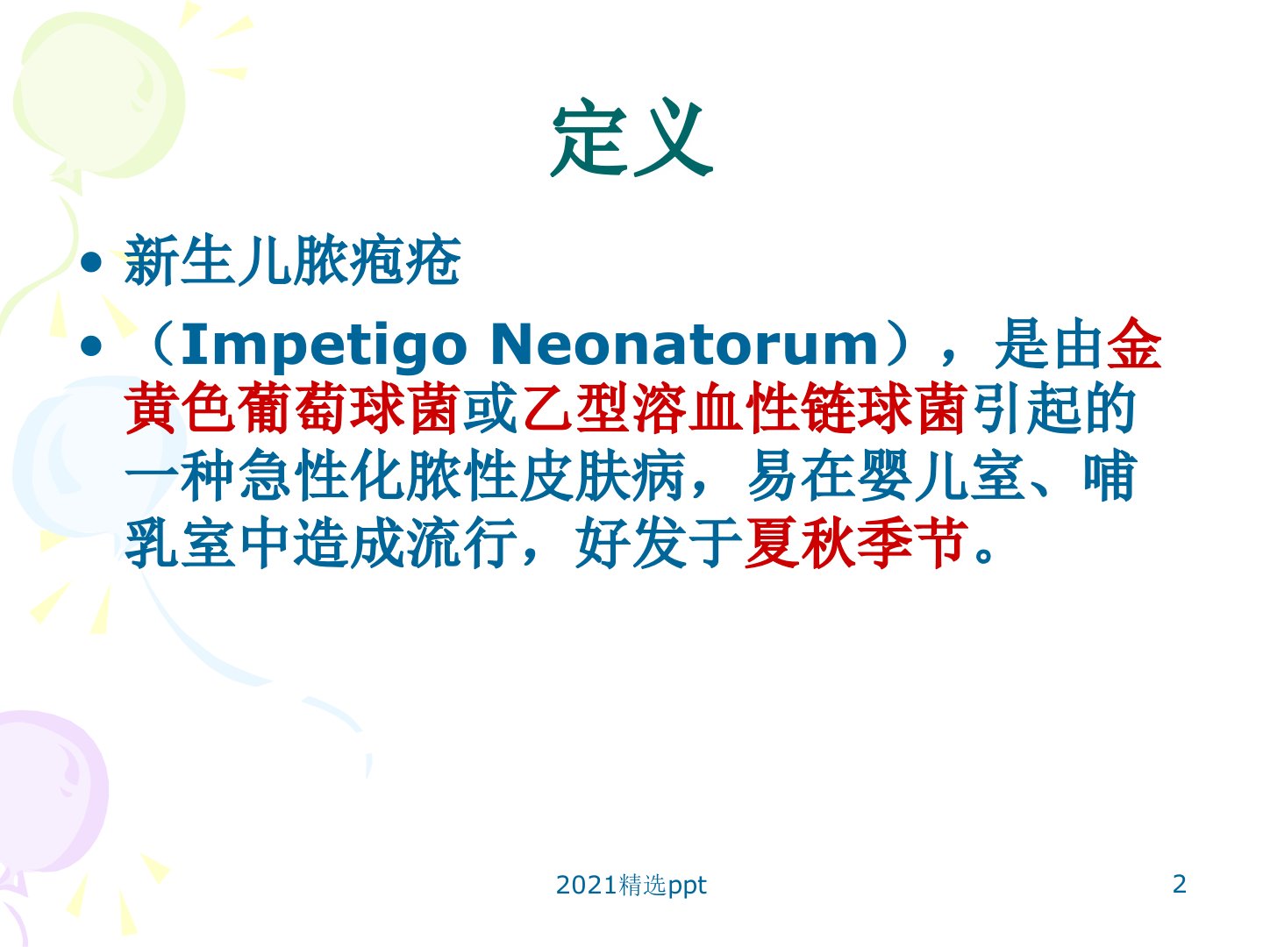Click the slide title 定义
click(x=631, y=139)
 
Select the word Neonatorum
click(x=684, y=345)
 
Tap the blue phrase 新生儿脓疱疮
click(x=292, y=260)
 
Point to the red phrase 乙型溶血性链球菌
click(x=744, y=409)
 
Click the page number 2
click(x=1179, y=885)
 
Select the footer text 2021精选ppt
click(x=631, y=886)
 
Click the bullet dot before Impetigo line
click(x=91, y=347)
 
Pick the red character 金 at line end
click(x=1134, y=343)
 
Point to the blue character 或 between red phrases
click(x=493, y=409)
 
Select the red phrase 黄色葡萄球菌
click(x=293, y=409)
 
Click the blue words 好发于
click(x=659, y=543)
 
